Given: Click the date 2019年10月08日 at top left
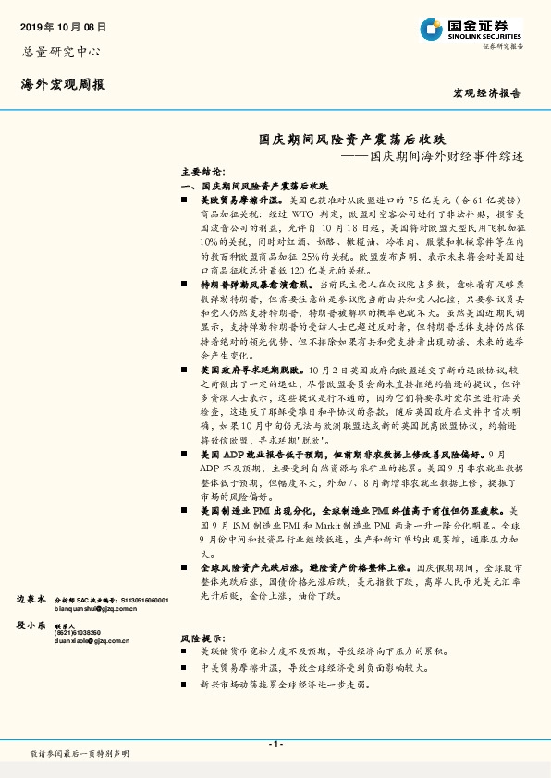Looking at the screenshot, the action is click(x=63, y=28).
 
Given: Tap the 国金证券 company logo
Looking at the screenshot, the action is click(x=471, y=28).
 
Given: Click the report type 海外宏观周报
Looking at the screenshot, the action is click(x=63, y=84).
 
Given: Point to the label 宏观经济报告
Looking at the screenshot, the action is click(x=487, y=93).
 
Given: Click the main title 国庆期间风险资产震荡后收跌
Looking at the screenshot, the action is click(x=351, y=139).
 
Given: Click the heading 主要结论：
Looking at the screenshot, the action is click(x=202, y=173).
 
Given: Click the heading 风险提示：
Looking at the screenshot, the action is click(x=202, y=638).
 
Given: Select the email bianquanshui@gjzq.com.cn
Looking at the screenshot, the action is click(x=100, y=610).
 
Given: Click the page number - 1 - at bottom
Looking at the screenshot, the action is click(x=275, y=744).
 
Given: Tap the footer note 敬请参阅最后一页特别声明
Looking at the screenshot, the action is click(x=80, y=754).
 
